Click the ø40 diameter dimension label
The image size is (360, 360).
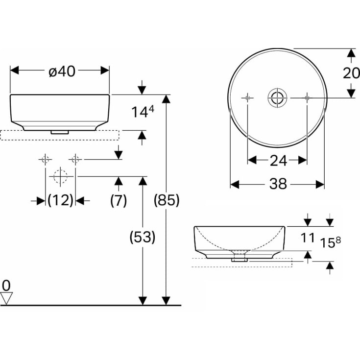point(62,71)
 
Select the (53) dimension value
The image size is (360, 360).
point(142,238)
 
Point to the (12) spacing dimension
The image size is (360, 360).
point(60,200)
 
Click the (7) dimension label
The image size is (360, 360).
point(118,200)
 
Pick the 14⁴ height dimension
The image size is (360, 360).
point(142,112)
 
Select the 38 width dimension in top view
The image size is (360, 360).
point(277,184)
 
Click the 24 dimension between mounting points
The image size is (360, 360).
point(277,160)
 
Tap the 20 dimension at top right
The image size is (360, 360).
point(351,73)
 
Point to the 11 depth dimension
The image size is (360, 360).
point(307,238)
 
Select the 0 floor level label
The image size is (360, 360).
point(6,285)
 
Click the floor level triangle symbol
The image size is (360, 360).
point(6,297)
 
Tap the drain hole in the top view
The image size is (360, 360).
point(277,97)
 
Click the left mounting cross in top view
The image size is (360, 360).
point(248,97)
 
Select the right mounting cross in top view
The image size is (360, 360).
point(307,97)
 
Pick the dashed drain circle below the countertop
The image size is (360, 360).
point(60,176)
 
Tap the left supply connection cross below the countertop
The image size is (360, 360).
point(46,159)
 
